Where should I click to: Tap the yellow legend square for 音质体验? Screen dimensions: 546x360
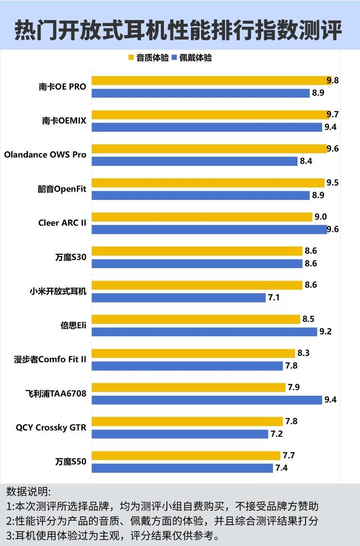[x=131, y=58]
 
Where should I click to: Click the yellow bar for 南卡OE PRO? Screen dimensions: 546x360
[x=211, y=81]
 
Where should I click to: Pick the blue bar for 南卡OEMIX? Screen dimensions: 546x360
[x=207, y=127]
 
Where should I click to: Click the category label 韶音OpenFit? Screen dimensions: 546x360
[x=61, y=189]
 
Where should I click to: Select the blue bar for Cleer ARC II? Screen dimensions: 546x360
[x=209, y=229]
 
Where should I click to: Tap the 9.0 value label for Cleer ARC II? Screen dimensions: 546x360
[x=320, y=217]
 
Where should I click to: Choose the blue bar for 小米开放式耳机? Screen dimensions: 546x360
[x=179, y=298]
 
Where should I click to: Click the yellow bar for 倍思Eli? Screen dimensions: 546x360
[x=196, y=319]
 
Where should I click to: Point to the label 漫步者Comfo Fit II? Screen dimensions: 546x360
[x=50, y=359]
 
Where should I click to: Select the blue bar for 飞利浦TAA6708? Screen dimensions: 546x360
[x=207, y=400]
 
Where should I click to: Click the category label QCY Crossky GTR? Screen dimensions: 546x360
[x=51, y=428]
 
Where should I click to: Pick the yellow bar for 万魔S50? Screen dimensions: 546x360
[x=186, y=456]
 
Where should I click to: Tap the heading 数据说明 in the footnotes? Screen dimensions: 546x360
[x=29, y=491]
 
